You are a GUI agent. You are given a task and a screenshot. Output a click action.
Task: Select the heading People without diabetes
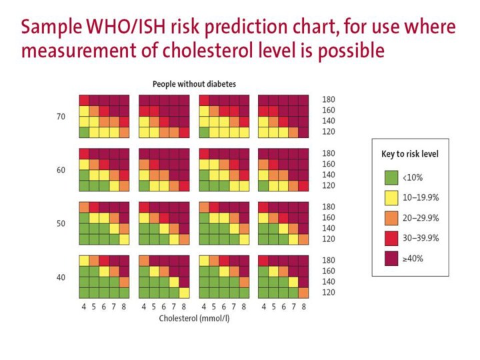(195, 84)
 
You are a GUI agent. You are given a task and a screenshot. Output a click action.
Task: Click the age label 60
(61, 170)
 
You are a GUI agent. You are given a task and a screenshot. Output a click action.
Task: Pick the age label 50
(61, 223)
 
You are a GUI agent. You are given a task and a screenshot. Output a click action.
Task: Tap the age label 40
(61, 277)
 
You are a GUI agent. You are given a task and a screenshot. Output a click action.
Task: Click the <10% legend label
(412, 178)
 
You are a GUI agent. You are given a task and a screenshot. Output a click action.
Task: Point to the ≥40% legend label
(412, 258)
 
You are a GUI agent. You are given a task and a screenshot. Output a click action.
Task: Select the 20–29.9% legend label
(420, 218)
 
